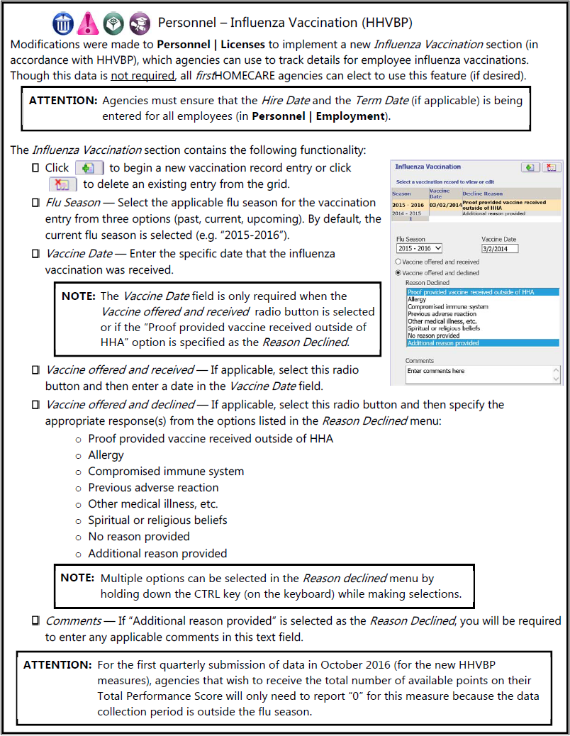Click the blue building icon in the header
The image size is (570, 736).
[62, 23]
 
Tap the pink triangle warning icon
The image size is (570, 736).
[87, 23]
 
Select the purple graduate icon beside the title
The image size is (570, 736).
[139, 23]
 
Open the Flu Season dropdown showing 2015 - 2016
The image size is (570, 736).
[419, 248]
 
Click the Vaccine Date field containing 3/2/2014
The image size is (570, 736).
[500, 248]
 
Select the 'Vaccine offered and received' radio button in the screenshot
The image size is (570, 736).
[398, 262]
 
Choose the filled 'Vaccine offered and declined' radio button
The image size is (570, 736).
[398, 272]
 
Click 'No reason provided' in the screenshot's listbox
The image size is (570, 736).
[433, 335]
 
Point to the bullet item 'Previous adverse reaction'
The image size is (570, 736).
[153, 488]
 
